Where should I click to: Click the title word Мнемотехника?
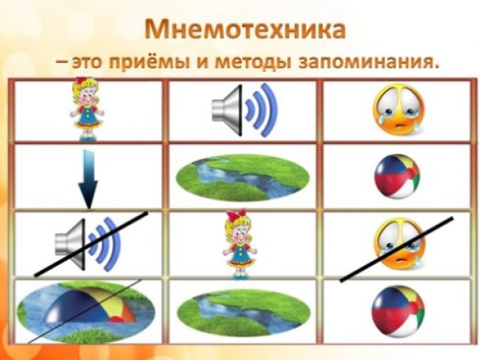tap(245, 30)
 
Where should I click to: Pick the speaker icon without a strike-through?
tap(244, 110)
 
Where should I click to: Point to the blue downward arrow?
tap(88, 179)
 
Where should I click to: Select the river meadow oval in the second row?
tap(242, 178)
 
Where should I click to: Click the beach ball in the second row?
tap(397, 176)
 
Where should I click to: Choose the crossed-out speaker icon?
tap(88, 244)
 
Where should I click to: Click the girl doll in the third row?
tap(239, 244)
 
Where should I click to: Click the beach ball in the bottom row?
tap(398, 311)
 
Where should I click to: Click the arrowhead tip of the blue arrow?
tap(88, 209)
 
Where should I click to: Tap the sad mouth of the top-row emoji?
tap(399, 126)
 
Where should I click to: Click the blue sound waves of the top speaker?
tap(261, 109)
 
